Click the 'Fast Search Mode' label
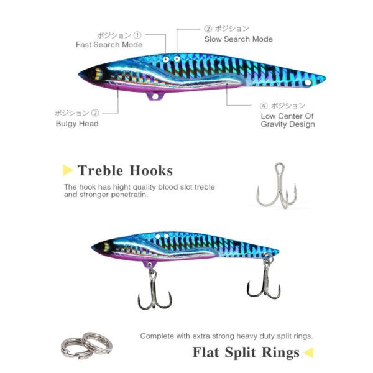(109, 45)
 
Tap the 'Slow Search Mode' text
(238, 39)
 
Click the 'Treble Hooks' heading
(125, 170)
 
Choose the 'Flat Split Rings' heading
(246, 353)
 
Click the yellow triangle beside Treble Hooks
(68, 170)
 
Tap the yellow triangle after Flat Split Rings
(308, 353)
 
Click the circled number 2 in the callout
(208, 29)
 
